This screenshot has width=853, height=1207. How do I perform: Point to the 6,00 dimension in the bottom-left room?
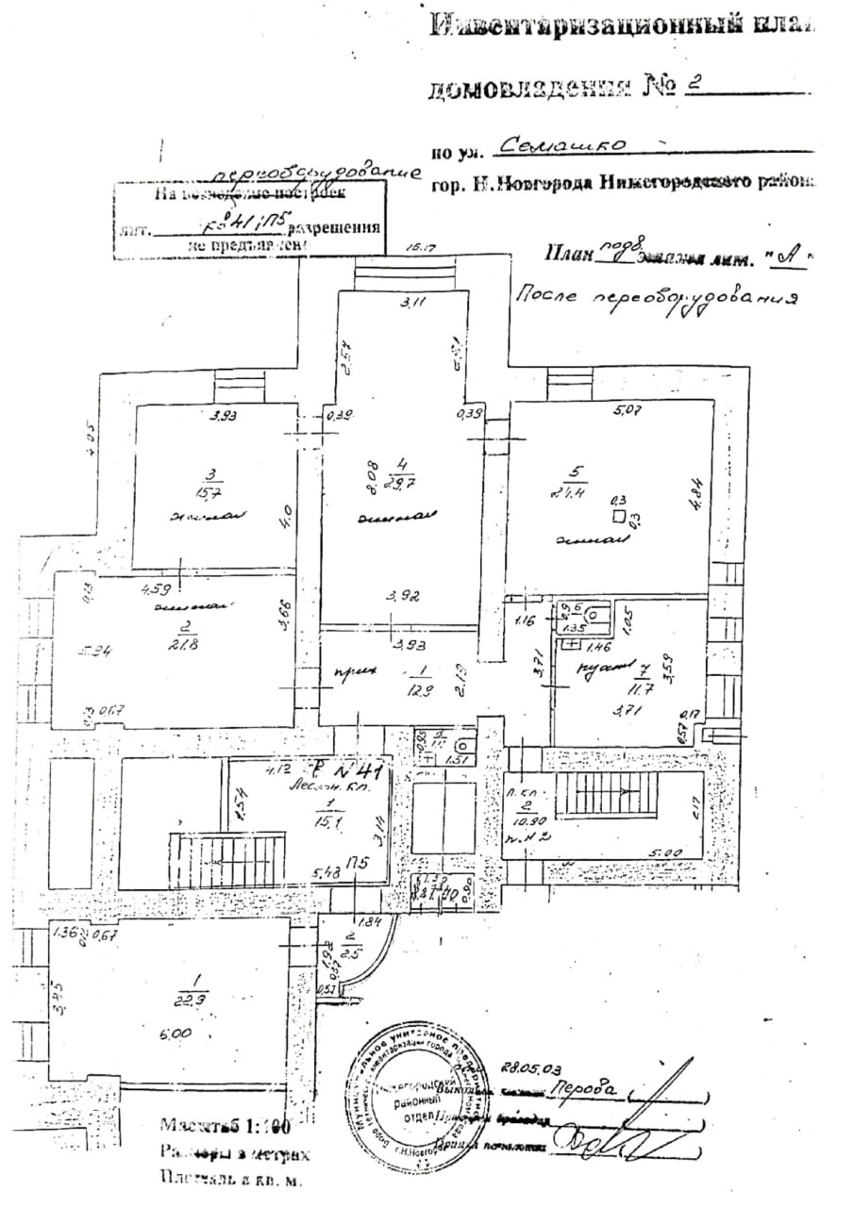point(173,1035)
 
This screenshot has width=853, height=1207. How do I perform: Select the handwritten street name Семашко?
point(563,147)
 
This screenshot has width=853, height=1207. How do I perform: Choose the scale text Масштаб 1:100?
point(225,1125)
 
